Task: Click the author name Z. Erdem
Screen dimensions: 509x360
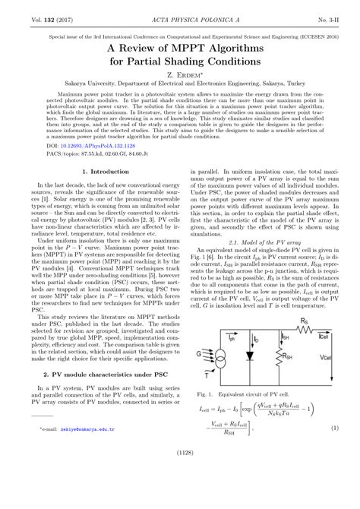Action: click(x=180, y=76)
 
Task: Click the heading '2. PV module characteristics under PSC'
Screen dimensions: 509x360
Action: click(x=99, y=374)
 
